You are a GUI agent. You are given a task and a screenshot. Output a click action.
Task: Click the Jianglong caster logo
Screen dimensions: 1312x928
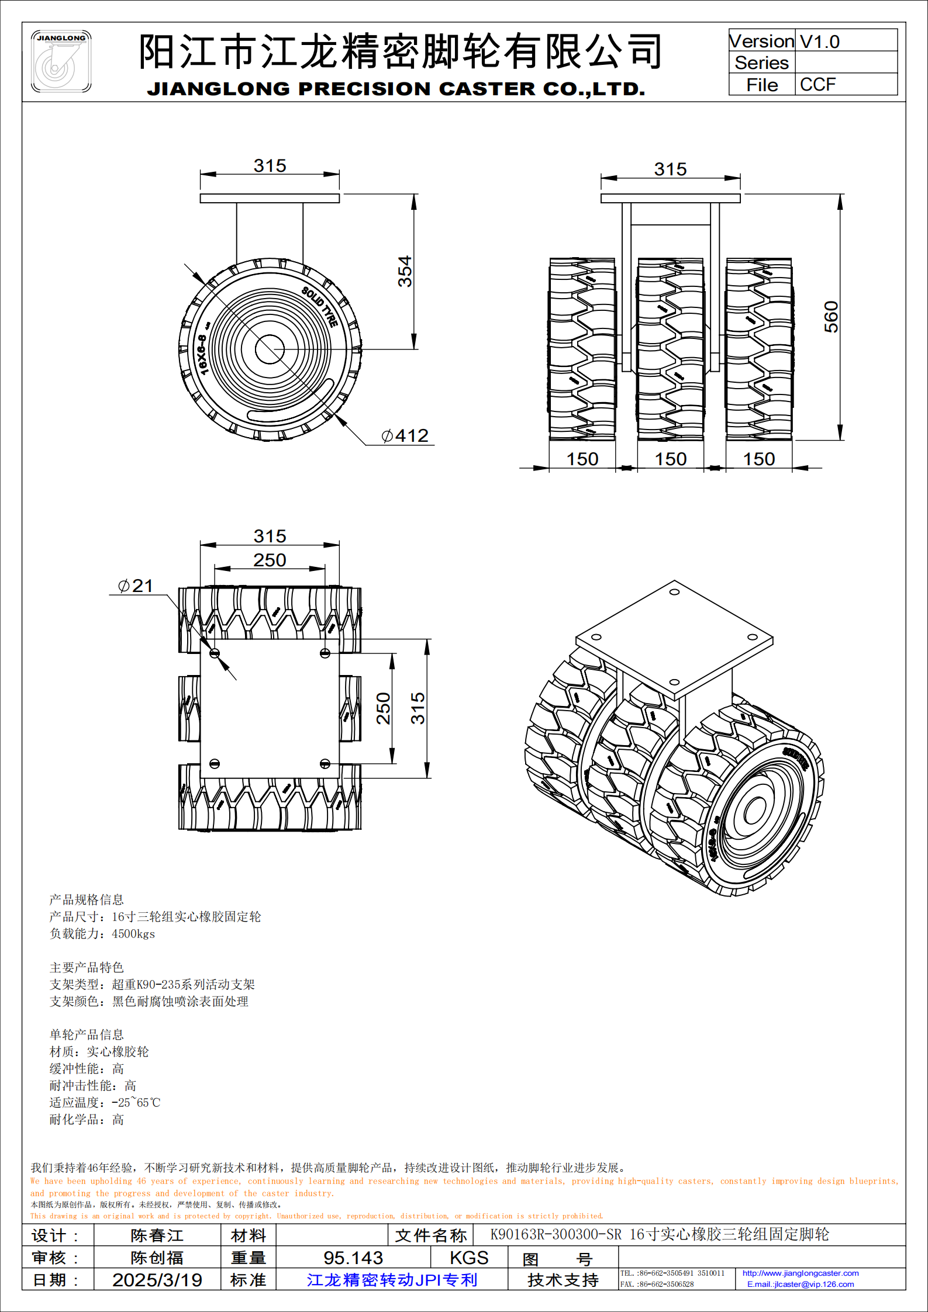pos(61,61)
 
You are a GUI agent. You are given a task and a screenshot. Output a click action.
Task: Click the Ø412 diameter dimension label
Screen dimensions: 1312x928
pos(405,435)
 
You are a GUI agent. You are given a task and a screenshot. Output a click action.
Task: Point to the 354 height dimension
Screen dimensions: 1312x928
pos(405,271)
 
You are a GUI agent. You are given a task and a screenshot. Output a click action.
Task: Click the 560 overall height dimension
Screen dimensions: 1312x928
pos(831,317)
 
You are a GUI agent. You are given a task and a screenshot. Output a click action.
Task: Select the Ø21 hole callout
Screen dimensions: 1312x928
pos(136,586)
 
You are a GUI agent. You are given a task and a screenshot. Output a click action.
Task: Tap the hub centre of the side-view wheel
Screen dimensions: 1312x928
pos(270,349)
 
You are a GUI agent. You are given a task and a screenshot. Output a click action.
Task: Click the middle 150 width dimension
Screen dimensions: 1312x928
pos(670,459)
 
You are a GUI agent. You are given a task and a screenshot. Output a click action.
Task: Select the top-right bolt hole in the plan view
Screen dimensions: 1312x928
pos(325,653)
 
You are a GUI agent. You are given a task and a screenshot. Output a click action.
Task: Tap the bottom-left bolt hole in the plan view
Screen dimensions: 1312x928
pos(215,763)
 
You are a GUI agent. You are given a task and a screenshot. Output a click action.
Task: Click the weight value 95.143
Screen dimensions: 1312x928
pos(353,1257)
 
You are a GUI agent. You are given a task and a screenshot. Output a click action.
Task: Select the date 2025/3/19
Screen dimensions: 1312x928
pos(157,1279)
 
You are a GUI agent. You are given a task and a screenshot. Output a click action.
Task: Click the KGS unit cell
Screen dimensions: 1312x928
pos(469,1257)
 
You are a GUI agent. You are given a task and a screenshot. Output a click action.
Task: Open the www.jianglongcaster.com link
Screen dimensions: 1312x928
pos(801,1273)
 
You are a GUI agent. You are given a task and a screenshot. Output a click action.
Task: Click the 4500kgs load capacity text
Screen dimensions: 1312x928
pos(133,934)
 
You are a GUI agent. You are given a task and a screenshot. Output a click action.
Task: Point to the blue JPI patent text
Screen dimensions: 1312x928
pos(392,1279)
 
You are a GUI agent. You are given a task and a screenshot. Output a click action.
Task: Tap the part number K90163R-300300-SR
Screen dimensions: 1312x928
pos(556,1234)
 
